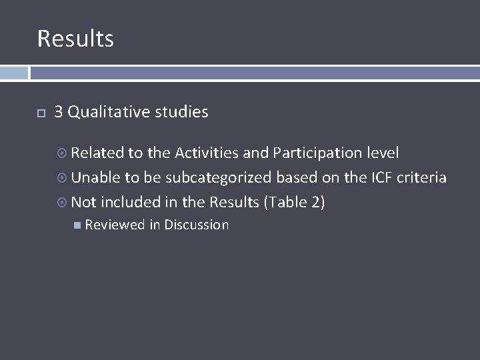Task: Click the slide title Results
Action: point(75,39)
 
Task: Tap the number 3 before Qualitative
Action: point(59,112)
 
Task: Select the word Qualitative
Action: point(109,112)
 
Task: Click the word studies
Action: point(181,112)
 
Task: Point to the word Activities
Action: point(207,153)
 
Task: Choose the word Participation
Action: point(318,153)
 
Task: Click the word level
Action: point(383,153)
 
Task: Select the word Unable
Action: point(96,178)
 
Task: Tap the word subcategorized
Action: point(219,178)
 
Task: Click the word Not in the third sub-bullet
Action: point(84,202)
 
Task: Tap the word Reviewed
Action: point(115,225)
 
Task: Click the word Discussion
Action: point(197,225)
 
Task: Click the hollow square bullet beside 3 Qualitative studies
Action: point(41,113)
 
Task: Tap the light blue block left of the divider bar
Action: point(14,73)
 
